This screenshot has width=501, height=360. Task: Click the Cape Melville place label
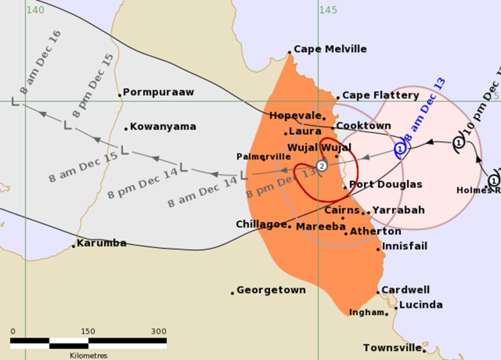click(330, 49)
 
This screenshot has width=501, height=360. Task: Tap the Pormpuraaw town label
click(159, 93)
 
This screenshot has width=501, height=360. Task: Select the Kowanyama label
click(163, 127)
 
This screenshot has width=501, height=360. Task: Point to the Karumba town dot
click(74, 246)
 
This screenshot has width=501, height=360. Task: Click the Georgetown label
click(271, 290)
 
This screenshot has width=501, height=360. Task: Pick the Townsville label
click(391, 348)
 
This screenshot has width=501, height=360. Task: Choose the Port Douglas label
click(386, 185)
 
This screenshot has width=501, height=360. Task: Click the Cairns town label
click(342, 210)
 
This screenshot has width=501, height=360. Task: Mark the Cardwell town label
click(405, 290)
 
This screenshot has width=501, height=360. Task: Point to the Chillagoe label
click(262, 224)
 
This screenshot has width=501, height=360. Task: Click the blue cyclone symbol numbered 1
click(401, 149)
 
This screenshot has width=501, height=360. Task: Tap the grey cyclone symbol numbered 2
click(322, 166)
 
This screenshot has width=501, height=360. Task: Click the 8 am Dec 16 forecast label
click(40, 62)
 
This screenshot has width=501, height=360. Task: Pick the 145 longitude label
click(327, 10)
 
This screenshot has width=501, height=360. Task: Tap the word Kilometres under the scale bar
click(88, 355)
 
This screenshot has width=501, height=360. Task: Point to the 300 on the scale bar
click(159, 331)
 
